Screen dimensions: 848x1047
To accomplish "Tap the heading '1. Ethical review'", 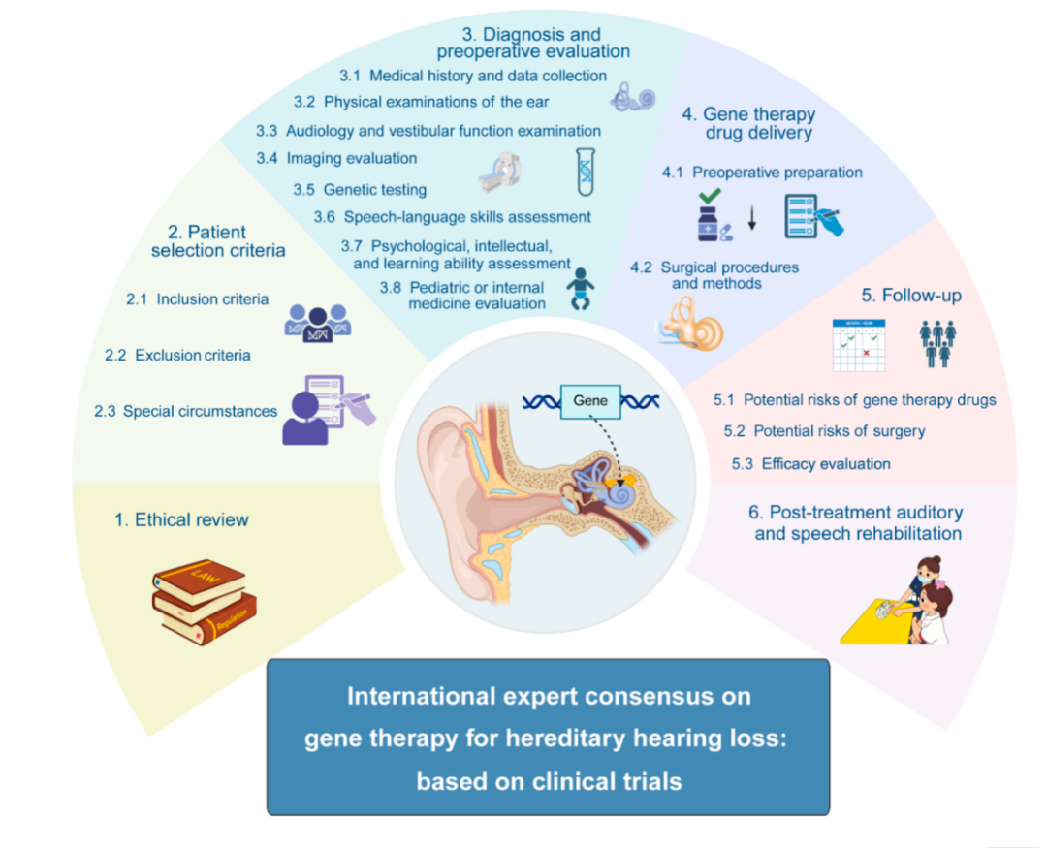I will [181, 520].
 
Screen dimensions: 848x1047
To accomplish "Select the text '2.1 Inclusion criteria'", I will [198, 299].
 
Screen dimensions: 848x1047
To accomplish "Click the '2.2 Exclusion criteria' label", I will [177, 356].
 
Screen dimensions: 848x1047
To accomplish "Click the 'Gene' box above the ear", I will [590, 399].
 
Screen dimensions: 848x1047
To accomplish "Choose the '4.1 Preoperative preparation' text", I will [762, 173].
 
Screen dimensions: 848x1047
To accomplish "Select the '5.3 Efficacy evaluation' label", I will [811, 464].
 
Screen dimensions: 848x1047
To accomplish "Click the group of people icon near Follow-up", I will [936, 344].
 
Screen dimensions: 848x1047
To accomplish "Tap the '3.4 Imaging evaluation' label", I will [336, 158].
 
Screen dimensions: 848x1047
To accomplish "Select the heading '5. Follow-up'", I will [911, 295].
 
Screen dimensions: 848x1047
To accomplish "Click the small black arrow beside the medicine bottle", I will [751, 222].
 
